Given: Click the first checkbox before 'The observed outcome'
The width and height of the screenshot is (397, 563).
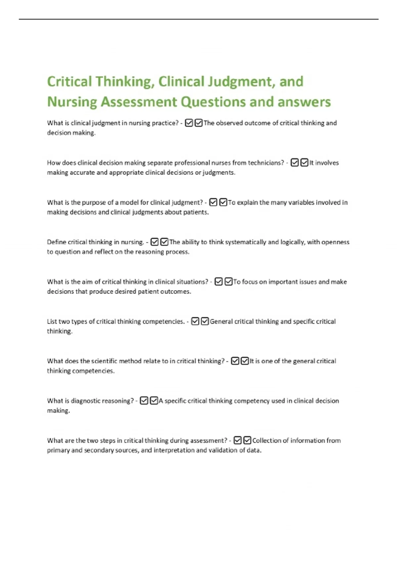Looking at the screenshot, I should tap(189, 123).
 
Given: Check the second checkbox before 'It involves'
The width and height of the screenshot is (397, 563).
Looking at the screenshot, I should tap(304, 163).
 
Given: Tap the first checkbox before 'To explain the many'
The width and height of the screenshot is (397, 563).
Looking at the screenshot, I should tap(213, 202).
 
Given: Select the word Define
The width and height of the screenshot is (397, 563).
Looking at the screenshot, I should tap(57, 242).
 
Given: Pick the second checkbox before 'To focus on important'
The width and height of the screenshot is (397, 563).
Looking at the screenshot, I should tap(228, 282).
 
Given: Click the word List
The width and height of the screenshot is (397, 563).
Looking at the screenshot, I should tap(52, 321).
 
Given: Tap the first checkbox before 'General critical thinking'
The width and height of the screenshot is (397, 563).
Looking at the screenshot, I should tap(195, 321).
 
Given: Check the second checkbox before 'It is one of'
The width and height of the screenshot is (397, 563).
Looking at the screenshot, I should tap(245, 361).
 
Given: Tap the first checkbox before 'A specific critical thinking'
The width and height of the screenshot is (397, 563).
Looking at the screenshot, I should tap(144, 401).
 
